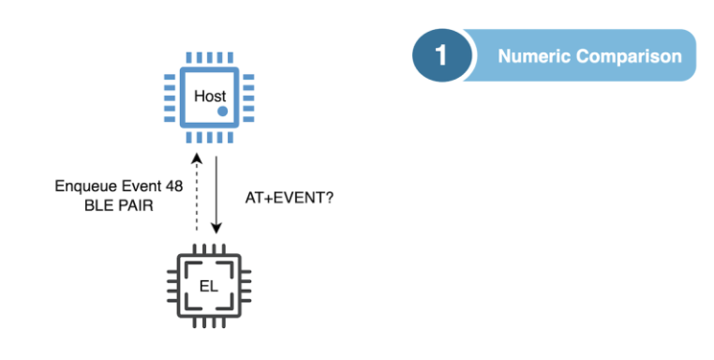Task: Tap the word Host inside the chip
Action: point(209,96)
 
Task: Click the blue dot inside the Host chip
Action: point(223,112)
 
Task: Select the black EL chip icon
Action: point(209,285)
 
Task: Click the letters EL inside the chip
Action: point(209,285)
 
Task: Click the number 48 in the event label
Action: point(174,185)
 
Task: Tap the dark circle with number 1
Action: point(440,55)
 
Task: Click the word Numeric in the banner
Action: point(533,56)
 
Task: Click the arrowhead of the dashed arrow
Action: point(195,160)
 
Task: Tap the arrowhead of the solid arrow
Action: point(217,229)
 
